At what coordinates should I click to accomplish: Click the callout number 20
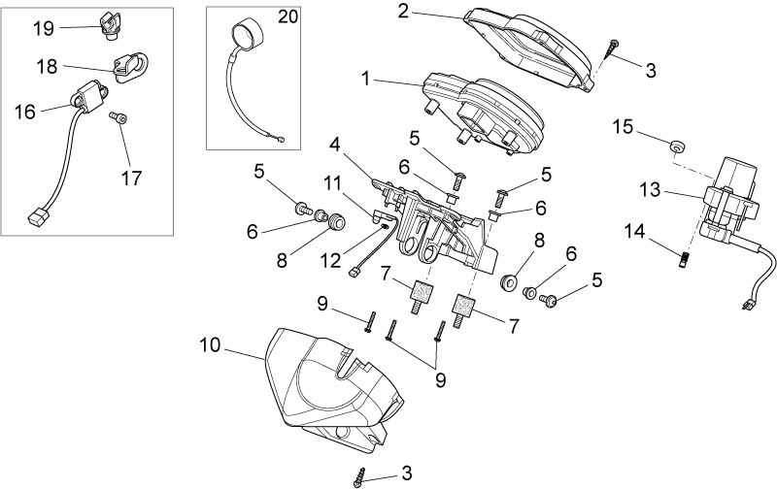click(x=287, y=16)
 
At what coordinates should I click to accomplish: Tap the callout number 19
click(x=43, y=28)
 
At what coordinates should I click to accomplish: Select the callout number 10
click(x=210, y=345)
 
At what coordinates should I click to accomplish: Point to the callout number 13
click(x=650, y=189)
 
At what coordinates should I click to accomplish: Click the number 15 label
click(x=624, y=127)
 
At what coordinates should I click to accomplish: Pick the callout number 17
click(x=131, y=178)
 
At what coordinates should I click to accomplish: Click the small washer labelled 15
click(x=677, y=146)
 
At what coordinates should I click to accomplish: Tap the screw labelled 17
click(x=118, y=117)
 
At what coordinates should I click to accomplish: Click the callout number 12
click(x=331, y=260)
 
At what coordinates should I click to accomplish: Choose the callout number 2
click(x=403, y=12)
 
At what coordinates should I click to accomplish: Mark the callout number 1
click(x=366, y=79)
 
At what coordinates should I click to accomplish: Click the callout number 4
click(x=335, y=145)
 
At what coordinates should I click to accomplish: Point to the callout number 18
click(x=47, y=66)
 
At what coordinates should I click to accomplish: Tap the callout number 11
click(x=333, y=183)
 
